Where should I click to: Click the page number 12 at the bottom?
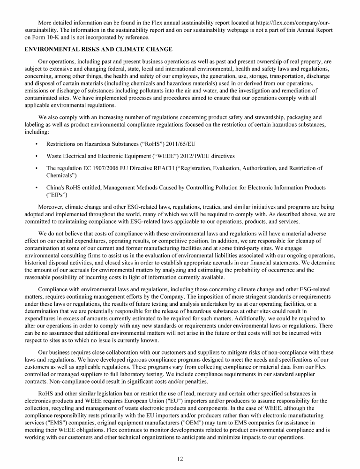click(180, 459)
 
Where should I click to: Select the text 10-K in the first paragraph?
click(58, 37)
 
